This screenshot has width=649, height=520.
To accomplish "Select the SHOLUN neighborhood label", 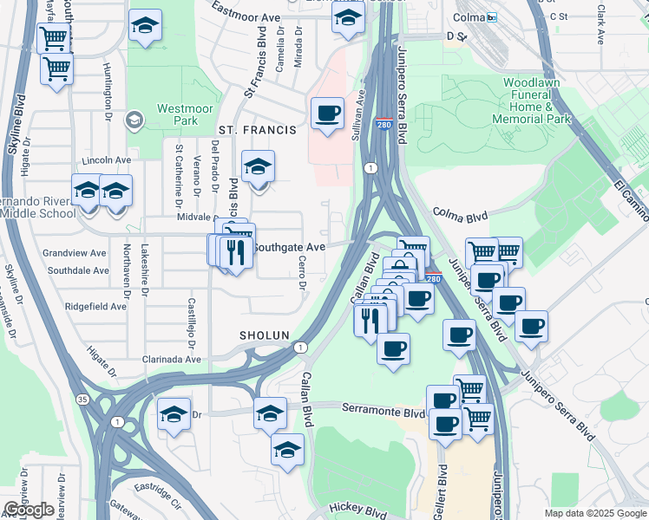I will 265,335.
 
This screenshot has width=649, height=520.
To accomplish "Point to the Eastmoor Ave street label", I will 246,16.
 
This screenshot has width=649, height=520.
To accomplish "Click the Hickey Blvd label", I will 357,512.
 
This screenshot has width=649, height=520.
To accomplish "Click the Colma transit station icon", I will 492,17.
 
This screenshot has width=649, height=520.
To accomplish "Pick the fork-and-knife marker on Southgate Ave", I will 235,252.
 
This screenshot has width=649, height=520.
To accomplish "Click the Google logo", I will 29,510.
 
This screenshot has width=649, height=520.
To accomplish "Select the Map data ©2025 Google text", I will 595,513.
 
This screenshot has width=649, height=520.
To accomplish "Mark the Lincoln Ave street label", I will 105,160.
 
